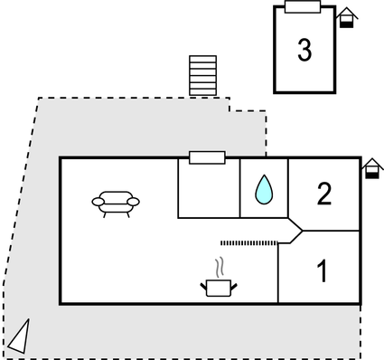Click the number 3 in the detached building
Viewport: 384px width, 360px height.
304,51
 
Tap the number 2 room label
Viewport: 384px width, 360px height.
323,193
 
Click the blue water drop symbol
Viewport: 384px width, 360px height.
264,188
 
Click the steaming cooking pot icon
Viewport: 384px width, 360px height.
218,287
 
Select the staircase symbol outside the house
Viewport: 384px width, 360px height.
203,75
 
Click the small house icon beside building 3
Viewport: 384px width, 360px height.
345,18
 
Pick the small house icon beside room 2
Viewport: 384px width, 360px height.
371,169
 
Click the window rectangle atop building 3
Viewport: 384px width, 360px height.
303,7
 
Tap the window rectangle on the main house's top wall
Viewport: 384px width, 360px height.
207,157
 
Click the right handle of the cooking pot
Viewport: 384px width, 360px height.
234,285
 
